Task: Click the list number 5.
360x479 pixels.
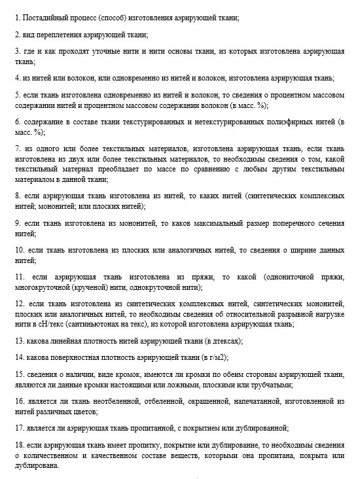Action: click(x=16, y=95)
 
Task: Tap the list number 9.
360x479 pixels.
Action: click(x=16, y=223)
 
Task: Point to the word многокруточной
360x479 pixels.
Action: click(x=44, y=287)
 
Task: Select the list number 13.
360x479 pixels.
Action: click(x=18, y=340)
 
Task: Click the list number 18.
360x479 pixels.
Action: click(x=18, y=446)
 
